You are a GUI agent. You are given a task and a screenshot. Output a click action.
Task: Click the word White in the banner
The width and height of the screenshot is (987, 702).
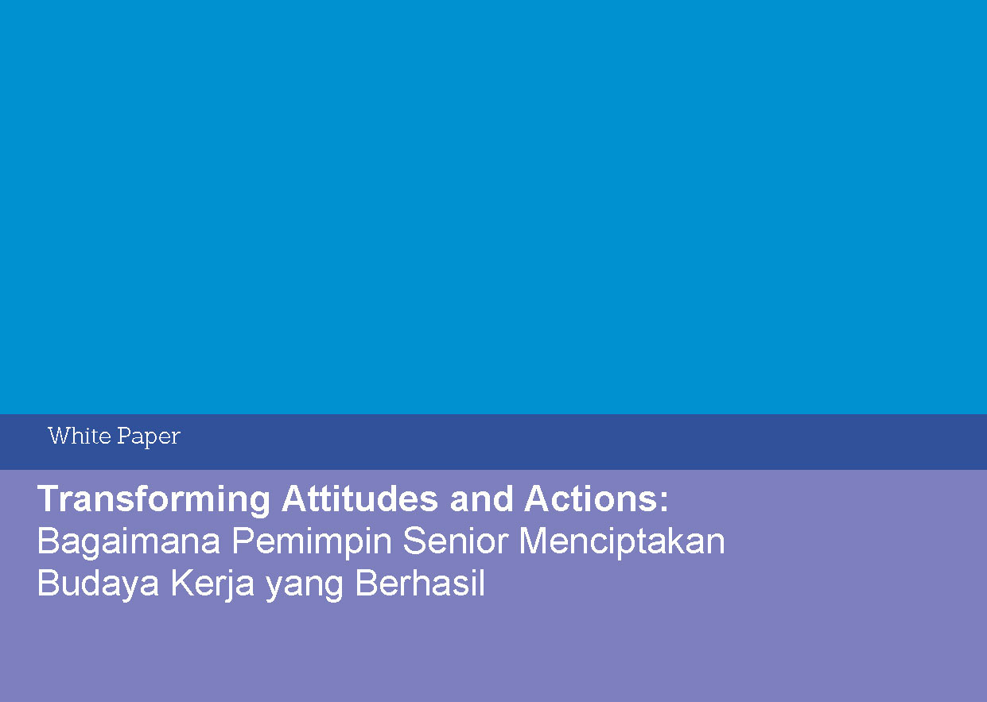(80, 436)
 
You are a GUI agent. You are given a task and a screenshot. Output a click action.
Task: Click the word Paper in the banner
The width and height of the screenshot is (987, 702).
(149, 437)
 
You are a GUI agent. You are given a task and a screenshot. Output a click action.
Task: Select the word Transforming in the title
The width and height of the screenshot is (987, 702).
(153, 500)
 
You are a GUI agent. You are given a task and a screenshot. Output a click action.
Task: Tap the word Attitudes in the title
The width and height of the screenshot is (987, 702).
(360, 498)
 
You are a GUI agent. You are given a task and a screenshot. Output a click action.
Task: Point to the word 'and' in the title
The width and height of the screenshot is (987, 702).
(481, 498)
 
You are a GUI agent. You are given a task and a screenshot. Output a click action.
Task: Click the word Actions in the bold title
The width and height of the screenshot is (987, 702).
(591, 498)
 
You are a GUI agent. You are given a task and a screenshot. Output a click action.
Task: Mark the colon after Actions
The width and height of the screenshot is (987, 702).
(664, 502)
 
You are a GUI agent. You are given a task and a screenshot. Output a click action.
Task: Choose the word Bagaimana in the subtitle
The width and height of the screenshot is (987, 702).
(129, 542)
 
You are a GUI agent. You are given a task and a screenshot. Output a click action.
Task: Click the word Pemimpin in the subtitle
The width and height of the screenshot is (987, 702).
(312, 542)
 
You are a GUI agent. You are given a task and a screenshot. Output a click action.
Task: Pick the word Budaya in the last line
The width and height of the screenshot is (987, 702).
(99, 584)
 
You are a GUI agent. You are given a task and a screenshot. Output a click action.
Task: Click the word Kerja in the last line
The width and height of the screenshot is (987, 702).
(212, 584)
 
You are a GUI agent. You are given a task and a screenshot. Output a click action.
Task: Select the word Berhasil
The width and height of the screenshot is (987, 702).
(420, 582)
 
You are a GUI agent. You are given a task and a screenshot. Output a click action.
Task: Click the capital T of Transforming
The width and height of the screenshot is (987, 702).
(49, 498)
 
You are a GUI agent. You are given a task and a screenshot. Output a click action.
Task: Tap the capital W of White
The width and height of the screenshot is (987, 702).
(59, 436)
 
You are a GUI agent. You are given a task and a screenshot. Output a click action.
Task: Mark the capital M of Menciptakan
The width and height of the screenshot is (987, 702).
(533, 541)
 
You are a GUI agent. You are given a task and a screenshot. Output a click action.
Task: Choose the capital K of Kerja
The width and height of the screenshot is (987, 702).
(182, 582)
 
